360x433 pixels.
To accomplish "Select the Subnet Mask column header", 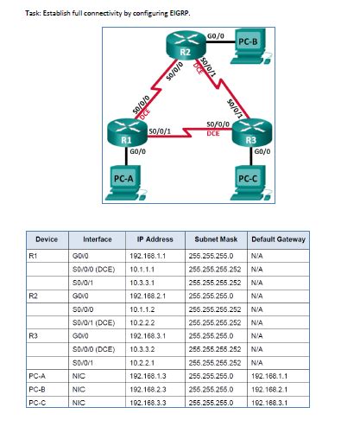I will pos(216,239).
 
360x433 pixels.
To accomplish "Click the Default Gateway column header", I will pos(277,239).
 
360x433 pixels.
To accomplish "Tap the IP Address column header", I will pos(155,239).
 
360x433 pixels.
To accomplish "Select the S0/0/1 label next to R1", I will pos(159,131).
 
